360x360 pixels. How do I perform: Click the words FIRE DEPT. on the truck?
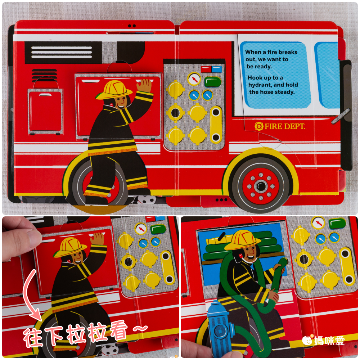pyautogui.click(x=285, y=126)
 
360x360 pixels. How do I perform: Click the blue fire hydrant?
pyautogui.click(x=220, y=328)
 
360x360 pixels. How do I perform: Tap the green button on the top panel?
pyautogui.click(x=213, y=82)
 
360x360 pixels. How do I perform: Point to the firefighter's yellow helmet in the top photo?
pyautogui.click(x=114, y=90)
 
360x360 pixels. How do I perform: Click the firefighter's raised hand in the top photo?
pyautogui.click(x=144, y=86)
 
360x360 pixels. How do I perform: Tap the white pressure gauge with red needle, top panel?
pyautogui.click(x=194, y=78)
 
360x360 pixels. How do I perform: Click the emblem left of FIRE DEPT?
pyautogui.click(x=259, y=126)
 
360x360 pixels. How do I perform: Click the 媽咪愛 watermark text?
pyautogui.click(x=329, y=340)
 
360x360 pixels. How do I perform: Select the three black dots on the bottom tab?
pyautogui.click(x=221, y=200)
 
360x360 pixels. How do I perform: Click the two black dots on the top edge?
pyautogui.click(x=132, y=26)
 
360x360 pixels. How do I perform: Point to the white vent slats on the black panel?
pyautogui.click(x=62, y=52)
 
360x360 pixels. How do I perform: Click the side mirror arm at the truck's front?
pyautogui.click(x=341, y=116)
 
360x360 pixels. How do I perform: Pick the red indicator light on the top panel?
pyautogui.click(x=206, y=69)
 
